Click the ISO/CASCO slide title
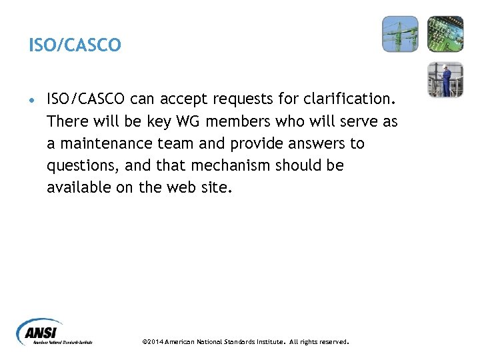pyautogui.click(x=75, y=45)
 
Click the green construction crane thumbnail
pyautogui.click(x=400, y=34)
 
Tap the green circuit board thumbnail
pyautogui.click(x=445, y=34)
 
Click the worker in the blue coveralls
pyautogui.click(x=445, y=79)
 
